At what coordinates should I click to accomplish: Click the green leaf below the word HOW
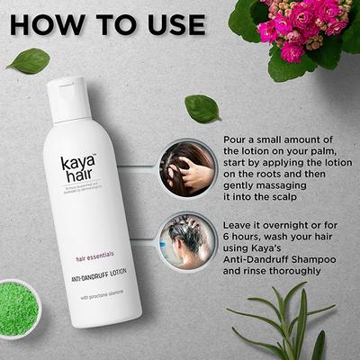click(28, 60)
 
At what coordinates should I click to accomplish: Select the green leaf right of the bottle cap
click(202, 108)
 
